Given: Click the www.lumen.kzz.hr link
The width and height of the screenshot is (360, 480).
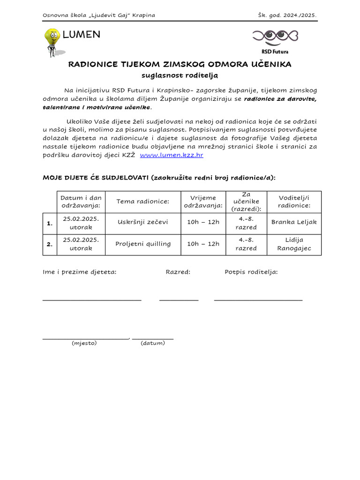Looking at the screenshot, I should [x=172, y=155].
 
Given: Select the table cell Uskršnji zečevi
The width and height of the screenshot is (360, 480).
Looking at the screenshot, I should [x=142, y=222].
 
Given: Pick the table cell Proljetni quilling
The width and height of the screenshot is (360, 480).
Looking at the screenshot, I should [x=142, y=244].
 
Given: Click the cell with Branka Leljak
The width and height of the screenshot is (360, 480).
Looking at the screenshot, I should [x=294, y=222].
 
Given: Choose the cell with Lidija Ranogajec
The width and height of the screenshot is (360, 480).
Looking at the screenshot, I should [x=294, y=244].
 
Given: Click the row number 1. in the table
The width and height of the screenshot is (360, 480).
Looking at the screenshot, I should [x=50, y=224].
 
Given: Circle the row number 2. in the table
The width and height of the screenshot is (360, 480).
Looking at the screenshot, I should [x=50, y=245].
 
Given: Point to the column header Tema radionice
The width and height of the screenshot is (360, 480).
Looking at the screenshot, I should [x=142, y=202].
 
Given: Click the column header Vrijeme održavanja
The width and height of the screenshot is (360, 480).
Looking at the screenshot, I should [x=203, y=202].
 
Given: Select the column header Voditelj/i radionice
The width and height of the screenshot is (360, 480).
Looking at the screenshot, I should [x=294, y=202].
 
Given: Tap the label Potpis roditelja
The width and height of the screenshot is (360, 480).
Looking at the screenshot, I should [x=251, y=272].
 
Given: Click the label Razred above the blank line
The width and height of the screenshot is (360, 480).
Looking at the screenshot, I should [x=178, y=272].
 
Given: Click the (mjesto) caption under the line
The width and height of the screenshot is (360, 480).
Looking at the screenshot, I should [x=84, y=343].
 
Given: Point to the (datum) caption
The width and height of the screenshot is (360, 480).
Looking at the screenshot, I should [x=153, y=343].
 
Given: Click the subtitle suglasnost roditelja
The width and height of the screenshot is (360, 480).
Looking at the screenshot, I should [x=180, y=75].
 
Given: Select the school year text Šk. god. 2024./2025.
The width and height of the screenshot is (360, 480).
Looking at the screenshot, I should [x=287, y=15].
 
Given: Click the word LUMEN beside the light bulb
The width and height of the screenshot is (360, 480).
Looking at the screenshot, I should [x=81, y=35].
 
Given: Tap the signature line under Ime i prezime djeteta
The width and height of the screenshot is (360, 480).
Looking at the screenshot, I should [x=92, y=300].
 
